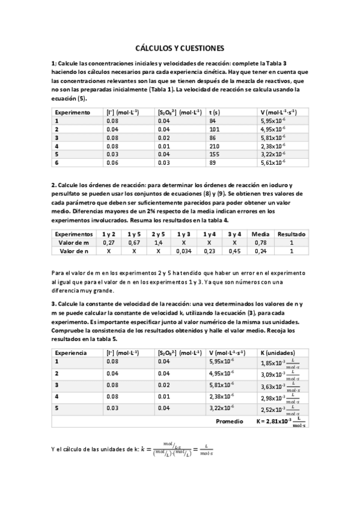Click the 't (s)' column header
pyautogui.click(x=214, y=112)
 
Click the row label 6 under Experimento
pyautogui.click(x=56, y=162)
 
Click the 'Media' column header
pyautogui.click(x=260, y=234)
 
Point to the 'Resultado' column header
pyautogui.click(x=291, y=234)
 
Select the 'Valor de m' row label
pyautogui.click(x=74, y=242)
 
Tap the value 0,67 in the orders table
pyautogui.click(x=134, y=242)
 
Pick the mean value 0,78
pyautogui.click(x=260, y=242)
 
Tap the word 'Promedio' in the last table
pyautogui.click(x=229, y=421)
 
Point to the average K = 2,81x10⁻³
pyautogui.click(x=280, y=422)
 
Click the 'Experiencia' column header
pyautogui.click(x=70, y=352)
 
